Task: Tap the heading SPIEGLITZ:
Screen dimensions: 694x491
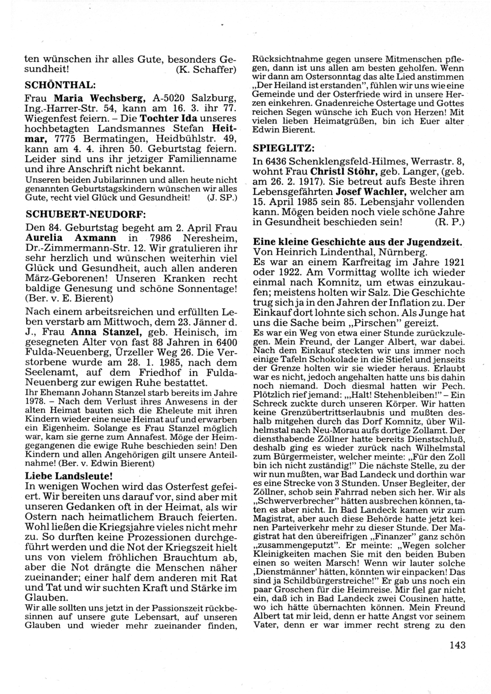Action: [283, 148]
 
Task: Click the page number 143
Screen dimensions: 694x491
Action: [457, 645]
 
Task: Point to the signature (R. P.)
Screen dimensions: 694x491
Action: [450, 222]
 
